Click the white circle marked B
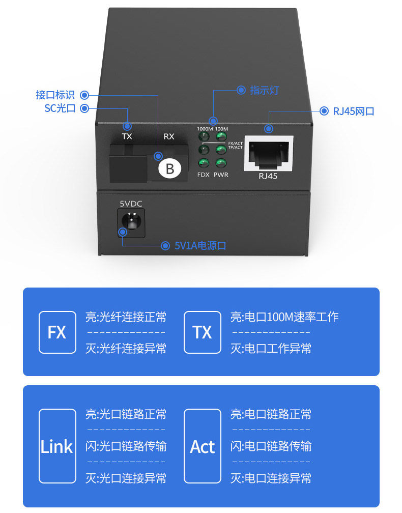pyautogui.click(x=170, y=168)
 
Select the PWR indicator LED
pyautogui.click(x=221, y=163)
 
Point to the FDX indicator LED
pyautogui.click(x=204, y=163)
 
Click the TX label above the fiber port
pyautogui.click(x=127, y=136)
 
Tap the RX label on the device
pyautogui.click(x=169, y=136)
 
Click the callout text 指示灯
pyautogui.click(x=264, y=91)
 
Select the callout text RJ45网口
pyautogui.click(x=354, y=111)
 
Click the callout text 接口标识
pyautogui.click(x=55, y=95)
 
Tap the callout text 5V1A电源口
pyautogui.click(x=200, y=246)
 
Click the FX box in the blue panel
pyautogui.click(x=56, y=332)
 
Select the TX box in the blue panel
pyautogui.click(x=202, y=332)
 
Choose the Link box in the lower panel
pyautogui.click(x=56, y=446)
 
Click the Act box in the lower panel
pyautogui.click(x=202, y=446)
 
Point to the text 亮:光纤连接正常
pyautogui.click(x=126, y=317)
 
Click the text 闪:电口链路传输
pyautogui.click(x=271, y=446)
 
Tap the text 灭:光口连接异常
pyautogui.click(x=126, y=478)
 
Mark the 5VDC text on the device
pyautogui.click(x=131, y=204)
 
